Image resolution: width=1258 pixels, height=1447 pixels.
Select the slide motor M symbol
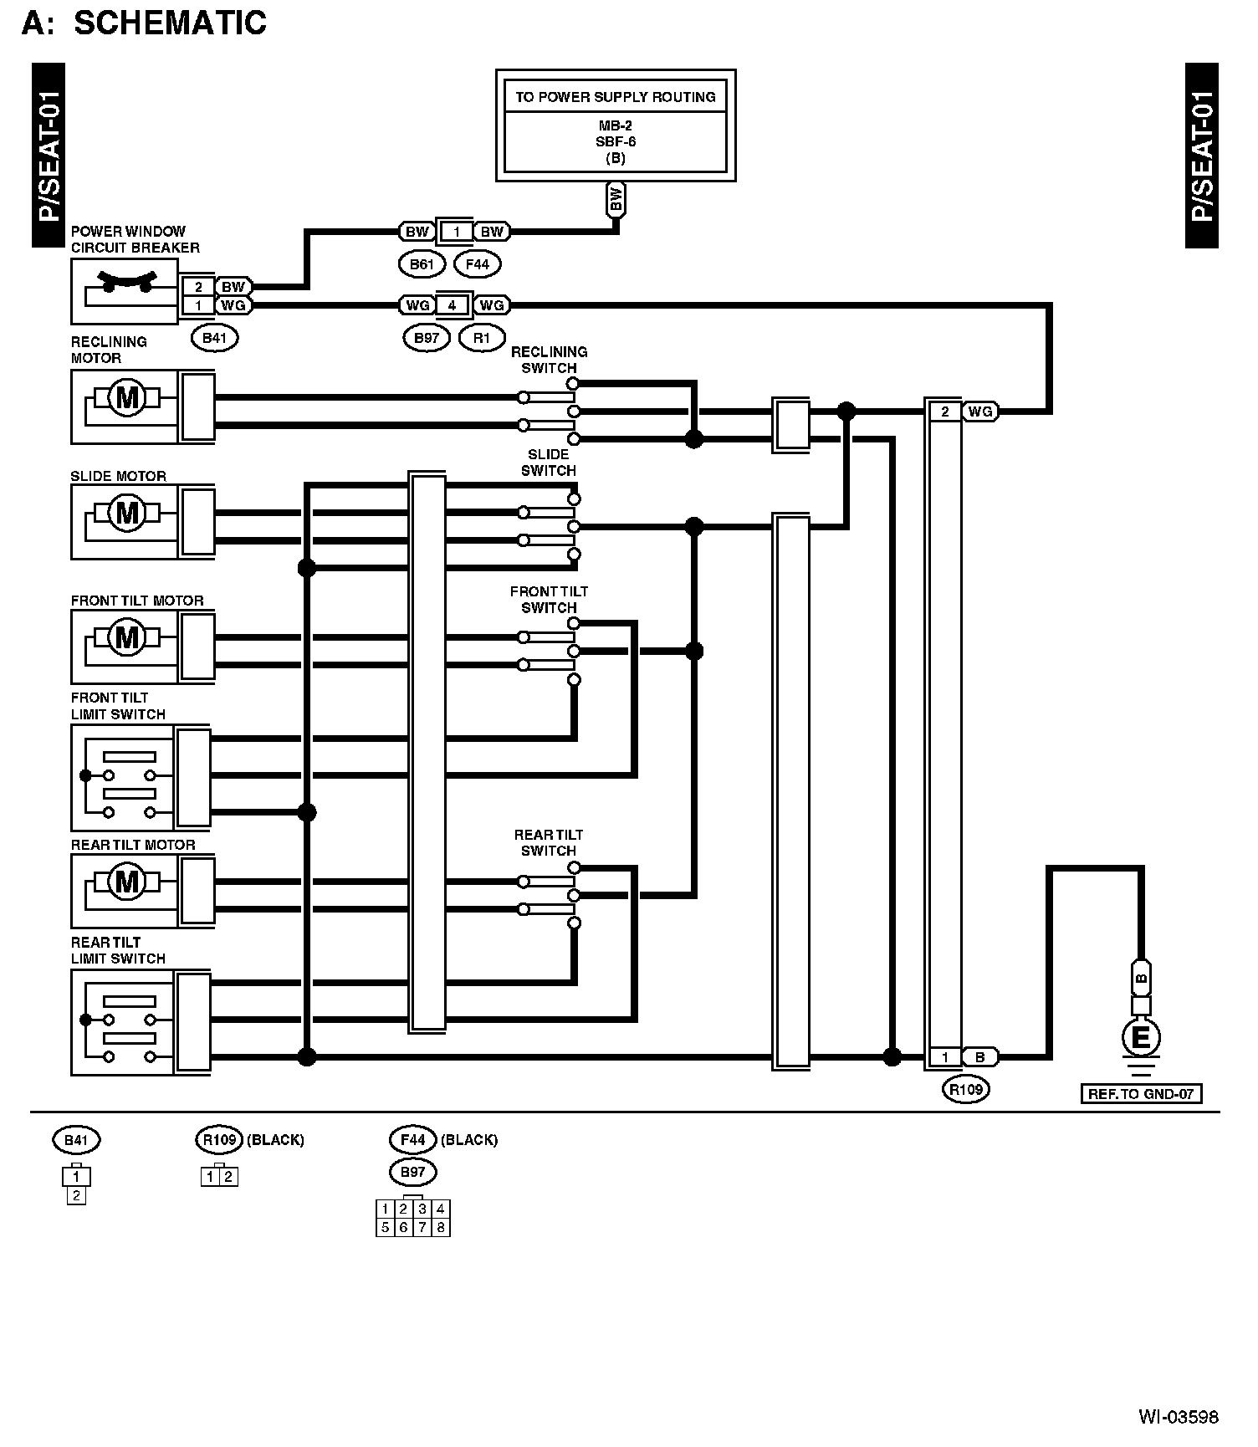point(126,511)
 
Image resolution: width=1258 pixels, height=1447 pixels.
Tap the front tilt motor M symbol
point(126,638)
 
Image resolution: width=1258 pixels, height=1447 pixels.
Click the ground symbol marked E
point(1140,1039)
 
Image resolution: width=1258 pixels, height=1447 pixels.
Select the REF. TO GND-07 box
point(1140,1093)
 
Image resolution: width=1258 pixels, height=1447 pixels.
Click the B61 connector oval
point(421,265)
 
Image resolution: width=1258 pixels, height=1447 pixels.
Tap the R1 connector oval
point(482,338)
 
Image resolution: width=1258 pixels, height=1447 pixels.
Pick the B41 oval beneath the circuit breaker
point(214,338)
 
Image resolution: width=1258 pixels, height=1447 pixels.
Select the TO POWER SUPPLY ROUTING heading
point(615,97)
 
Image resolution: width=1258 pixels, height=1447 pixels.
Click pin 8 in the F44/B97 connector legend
point(441,1227)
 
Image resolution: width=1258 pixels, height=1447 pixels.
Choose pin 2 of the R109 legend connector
point(228,1177)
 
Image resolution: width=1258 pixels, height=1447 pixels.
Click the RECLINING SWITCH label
point(549,360)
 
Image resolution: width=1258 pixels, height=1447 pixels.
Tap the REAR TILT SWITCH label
point(548,842)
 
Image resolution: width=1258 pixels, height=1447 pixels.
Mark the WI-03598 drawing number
point(1178,1417)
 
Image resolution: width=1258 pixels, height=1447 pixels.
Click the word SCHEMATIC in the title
point(170,23)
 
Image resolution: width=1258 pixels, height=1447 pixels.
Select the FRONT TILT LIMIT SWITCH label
point(118,706)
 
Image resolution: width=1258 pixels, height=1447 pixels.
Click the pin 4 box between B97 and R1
point(452,305)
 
